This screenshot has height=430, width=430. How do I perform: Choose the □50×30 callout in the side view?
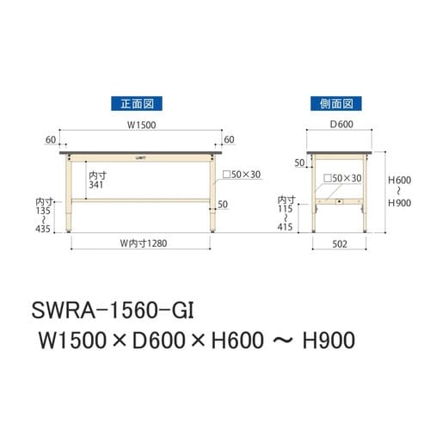pyautogui.click(x=344, y=177)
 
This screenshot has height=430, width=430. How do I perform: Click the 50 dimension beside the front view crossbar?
pyautogui.click(x=224, y=205)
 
